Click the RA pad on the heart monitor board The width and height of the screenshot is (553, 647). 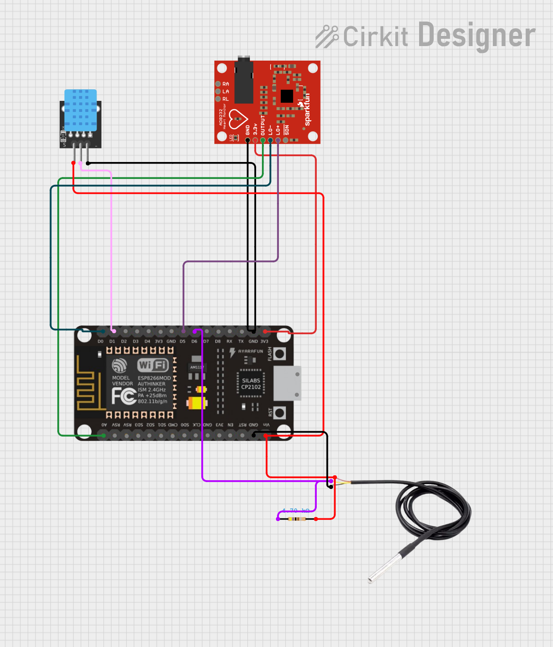click(219, 84)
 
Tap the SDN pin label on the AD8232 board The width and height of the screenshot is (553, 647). click(287, 130)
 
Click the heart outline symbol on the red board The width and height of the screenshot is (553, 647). click(238, 118)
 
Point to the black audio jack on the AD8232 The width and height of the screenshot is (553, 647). click(244, 81)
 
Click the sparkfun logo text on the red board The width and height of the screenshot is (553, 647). click(307, 110)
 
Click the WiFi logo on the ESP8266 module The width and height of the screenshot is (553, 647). click(153, 365)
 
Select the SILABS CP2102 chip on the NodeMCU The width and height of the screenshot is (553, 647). click(251, 384)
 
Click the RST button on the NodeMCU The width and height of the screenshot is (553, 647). click(279, 413)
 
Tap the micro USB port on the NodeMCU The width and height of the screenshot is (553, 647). click(287, 383)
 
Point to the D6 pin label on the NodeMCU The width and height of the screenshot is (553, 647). click(194, 341)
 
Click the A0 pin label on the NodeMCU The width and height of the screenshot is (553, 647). click(104, 425)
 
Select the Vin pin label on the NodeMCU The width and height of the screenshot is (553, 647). click(266, 425)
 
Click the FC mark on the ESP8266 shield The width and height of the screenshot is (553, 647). click(123, 396)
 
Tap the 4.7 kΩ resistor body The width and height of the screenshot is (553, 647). click(296, 519)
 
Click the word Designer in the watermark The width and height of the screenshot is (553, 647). click(476, 36)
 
